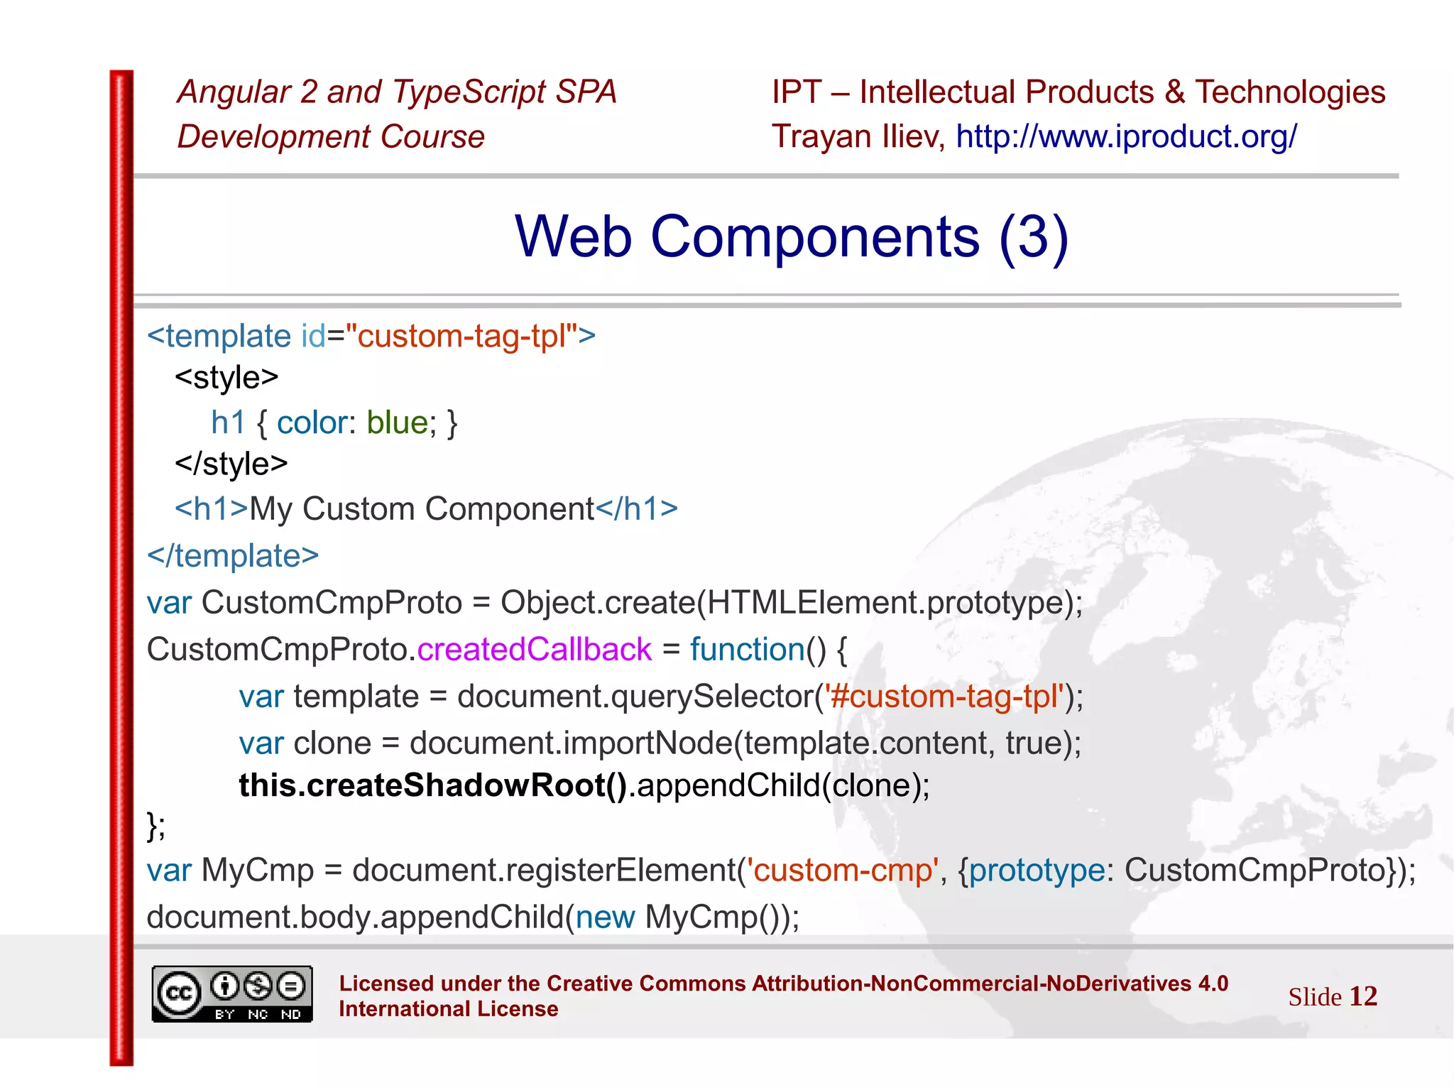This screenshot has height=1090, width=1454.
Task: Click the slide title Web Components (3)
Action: pos(791,236)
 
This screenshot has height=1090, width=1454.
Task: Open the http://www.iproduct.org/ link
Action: pos(1126,136)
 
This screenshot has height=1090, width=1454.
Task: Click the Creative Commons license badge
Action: pos(232,994)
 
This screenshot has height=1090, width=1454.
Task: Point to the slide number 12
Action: pos(1362,996)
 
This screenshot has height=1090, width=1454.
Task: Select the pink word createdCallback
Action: pos(534,649)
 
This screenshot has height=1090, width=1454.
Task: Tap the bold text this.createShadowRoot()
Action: pos(432,785)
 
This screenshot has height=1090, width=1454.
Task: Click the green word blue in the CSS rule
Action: pos(397,423)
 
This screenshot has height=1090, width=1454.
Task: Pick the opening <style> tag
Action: pos(226,377)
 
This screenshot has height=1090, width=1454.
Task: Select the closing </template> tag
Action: pos(233,555)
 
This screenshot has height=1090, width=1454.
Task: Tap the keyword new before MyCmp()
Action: pos(605,917)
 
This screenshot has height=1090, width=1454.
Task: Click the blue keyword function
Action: pos(747,649)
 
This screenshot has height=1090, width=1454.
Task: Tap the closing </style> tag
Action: pos(231,464)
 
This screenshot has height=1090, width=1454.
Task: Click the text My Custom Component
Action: pos(422,509)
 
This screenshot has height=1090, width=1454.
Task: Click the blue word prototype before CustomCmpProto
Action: pos(1037,870)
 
